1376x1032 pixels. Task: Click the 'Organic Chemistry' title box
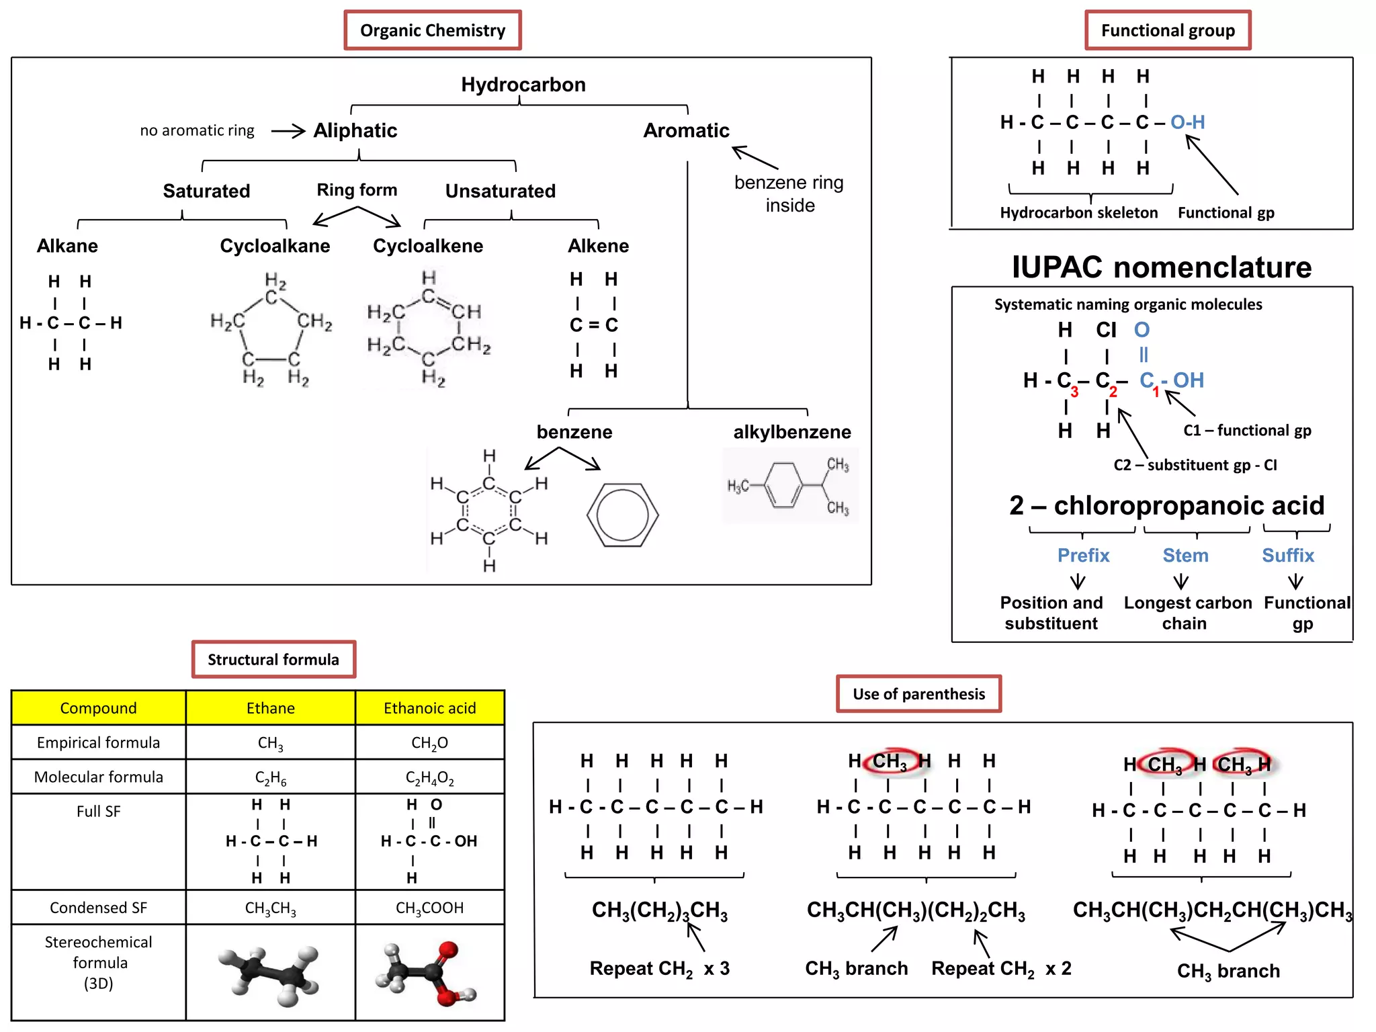pos(432,30)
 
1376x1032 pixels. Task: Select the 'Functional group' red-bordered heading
pos(1167,30)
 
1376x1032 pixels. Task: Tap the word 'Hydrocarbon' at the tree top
pos(523,85)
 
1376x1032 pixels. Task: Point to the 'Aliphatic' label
pos(355,130)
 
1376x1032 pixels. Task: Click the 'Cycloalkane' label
pos(275,246)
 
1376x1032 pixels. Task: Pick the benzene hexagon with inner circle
pos(622,515)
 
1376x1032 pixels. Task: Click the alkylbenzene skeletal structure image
pos(789,484)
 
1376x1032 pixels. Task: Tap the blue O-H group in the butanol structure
pos(1187,122)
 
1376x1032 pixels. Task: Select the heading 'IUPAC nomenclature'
pos(1161,267)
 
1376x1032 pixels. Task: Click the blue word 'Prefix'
pos(1083,556)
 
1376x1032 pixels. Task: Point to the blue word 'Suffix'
pos(1287,556)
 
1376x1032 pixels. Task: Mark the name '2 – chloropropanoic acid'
pos(1166,505)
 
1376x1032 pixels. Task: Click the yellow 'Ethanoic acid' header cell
pos(429,708)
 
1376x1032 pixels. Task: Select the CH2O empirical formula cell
pos(429,743)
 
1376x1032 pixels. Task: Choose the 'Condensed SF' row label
pos(98,908)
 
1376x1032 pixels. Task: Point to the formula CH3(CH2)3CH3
pos(659,910)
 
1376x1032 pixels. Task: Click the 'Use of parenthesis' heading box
pos(918,694)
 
